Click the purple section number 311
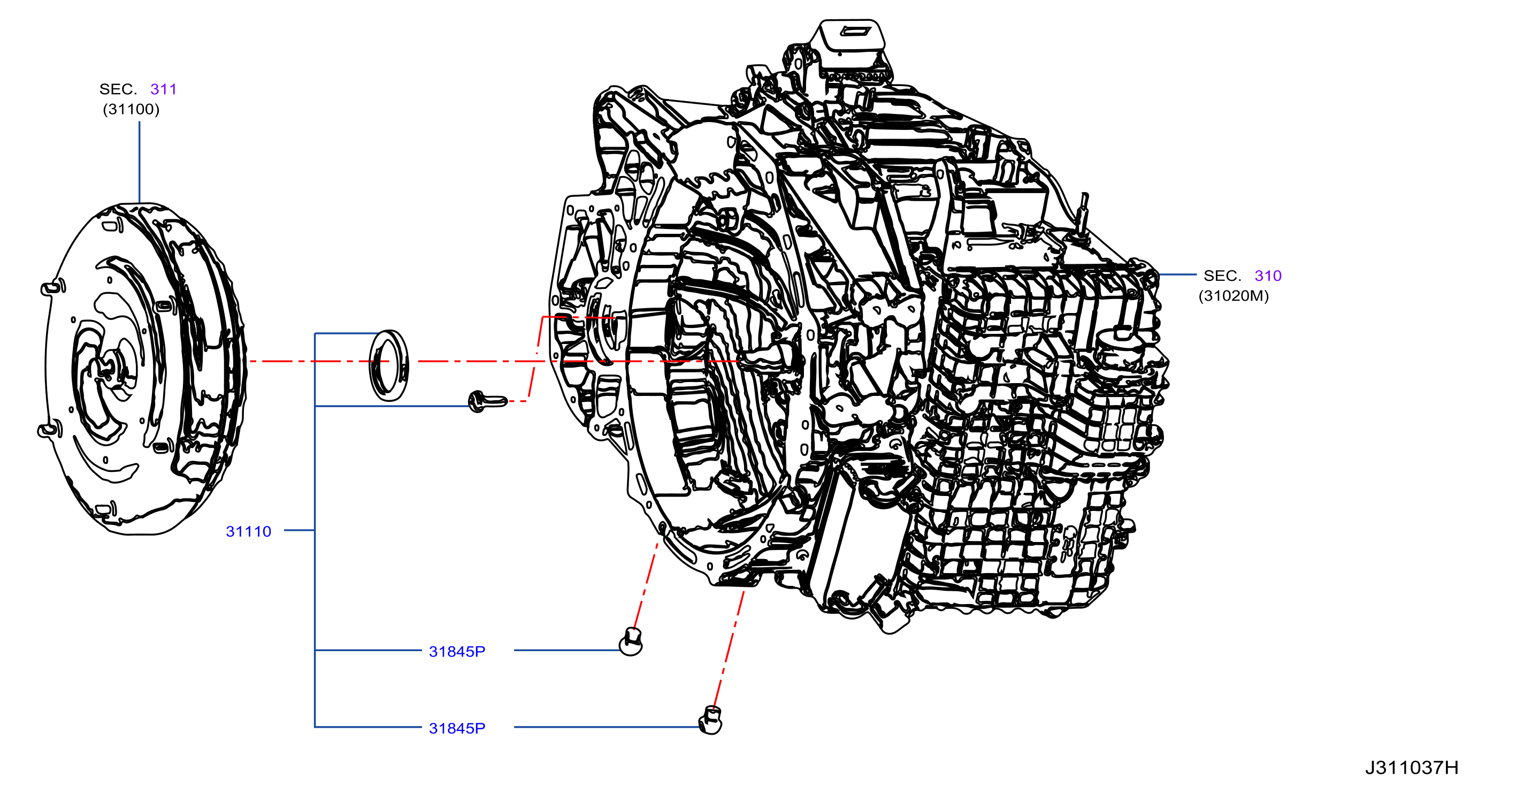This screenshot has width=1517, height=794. point(163,89)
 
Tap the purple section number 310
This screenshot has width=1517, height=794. point(1268,276)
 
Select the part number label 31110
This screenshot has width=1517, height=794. point(249,531)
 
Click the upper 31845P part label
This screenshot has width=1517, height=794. point(457,652)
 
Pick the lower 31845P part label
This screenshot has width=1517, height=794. point(457,728)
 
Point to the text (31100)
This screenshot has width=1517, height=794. point(131,109)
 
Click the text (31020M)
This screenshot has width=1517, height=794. point(1233,296)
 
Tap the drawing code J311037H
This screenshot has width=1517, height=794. point(1412,767)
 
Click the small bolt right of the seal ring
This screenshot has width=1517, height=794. point(487,402)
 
